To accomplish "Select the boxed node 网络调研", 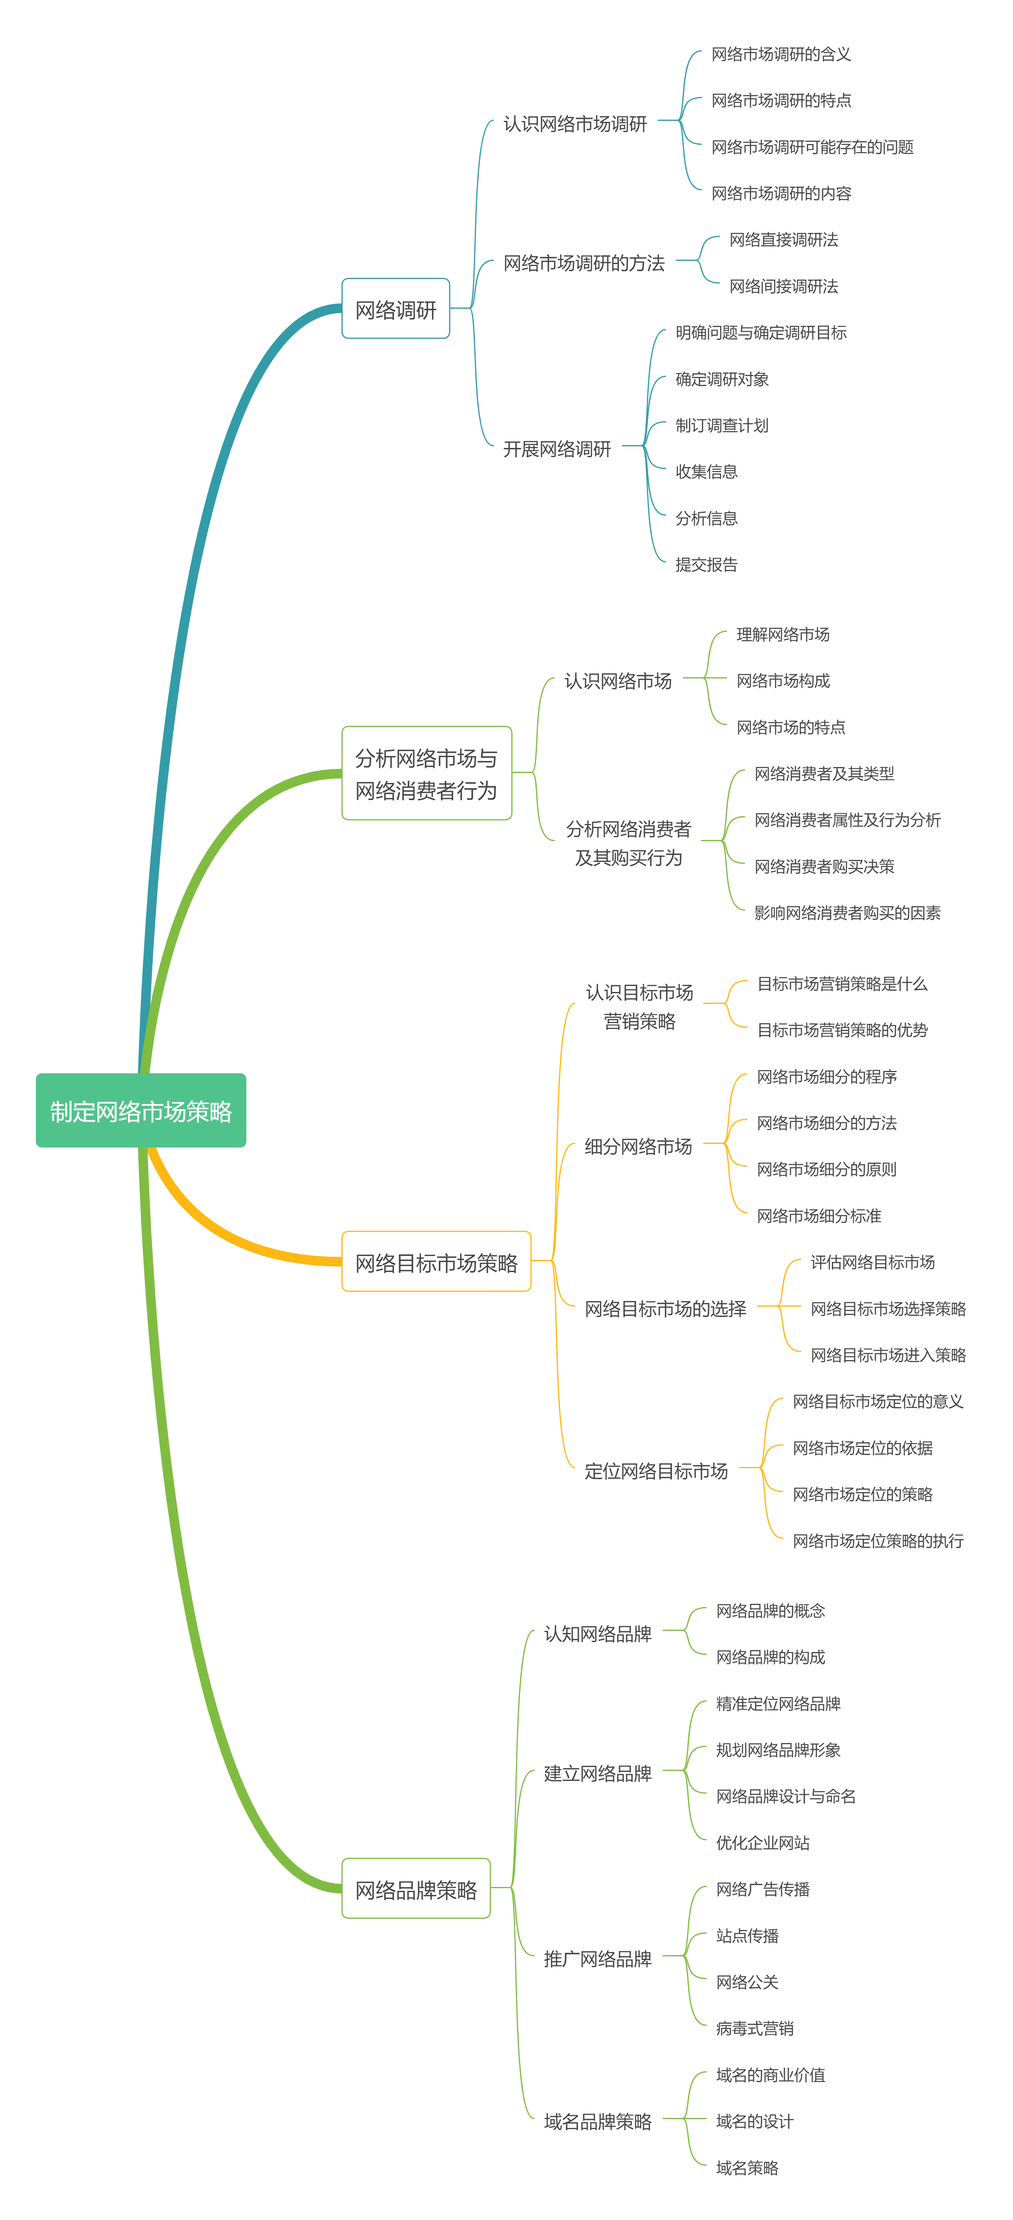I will pos(395,309).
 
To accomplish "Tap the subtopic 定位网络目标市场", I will pos(655,1470).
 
